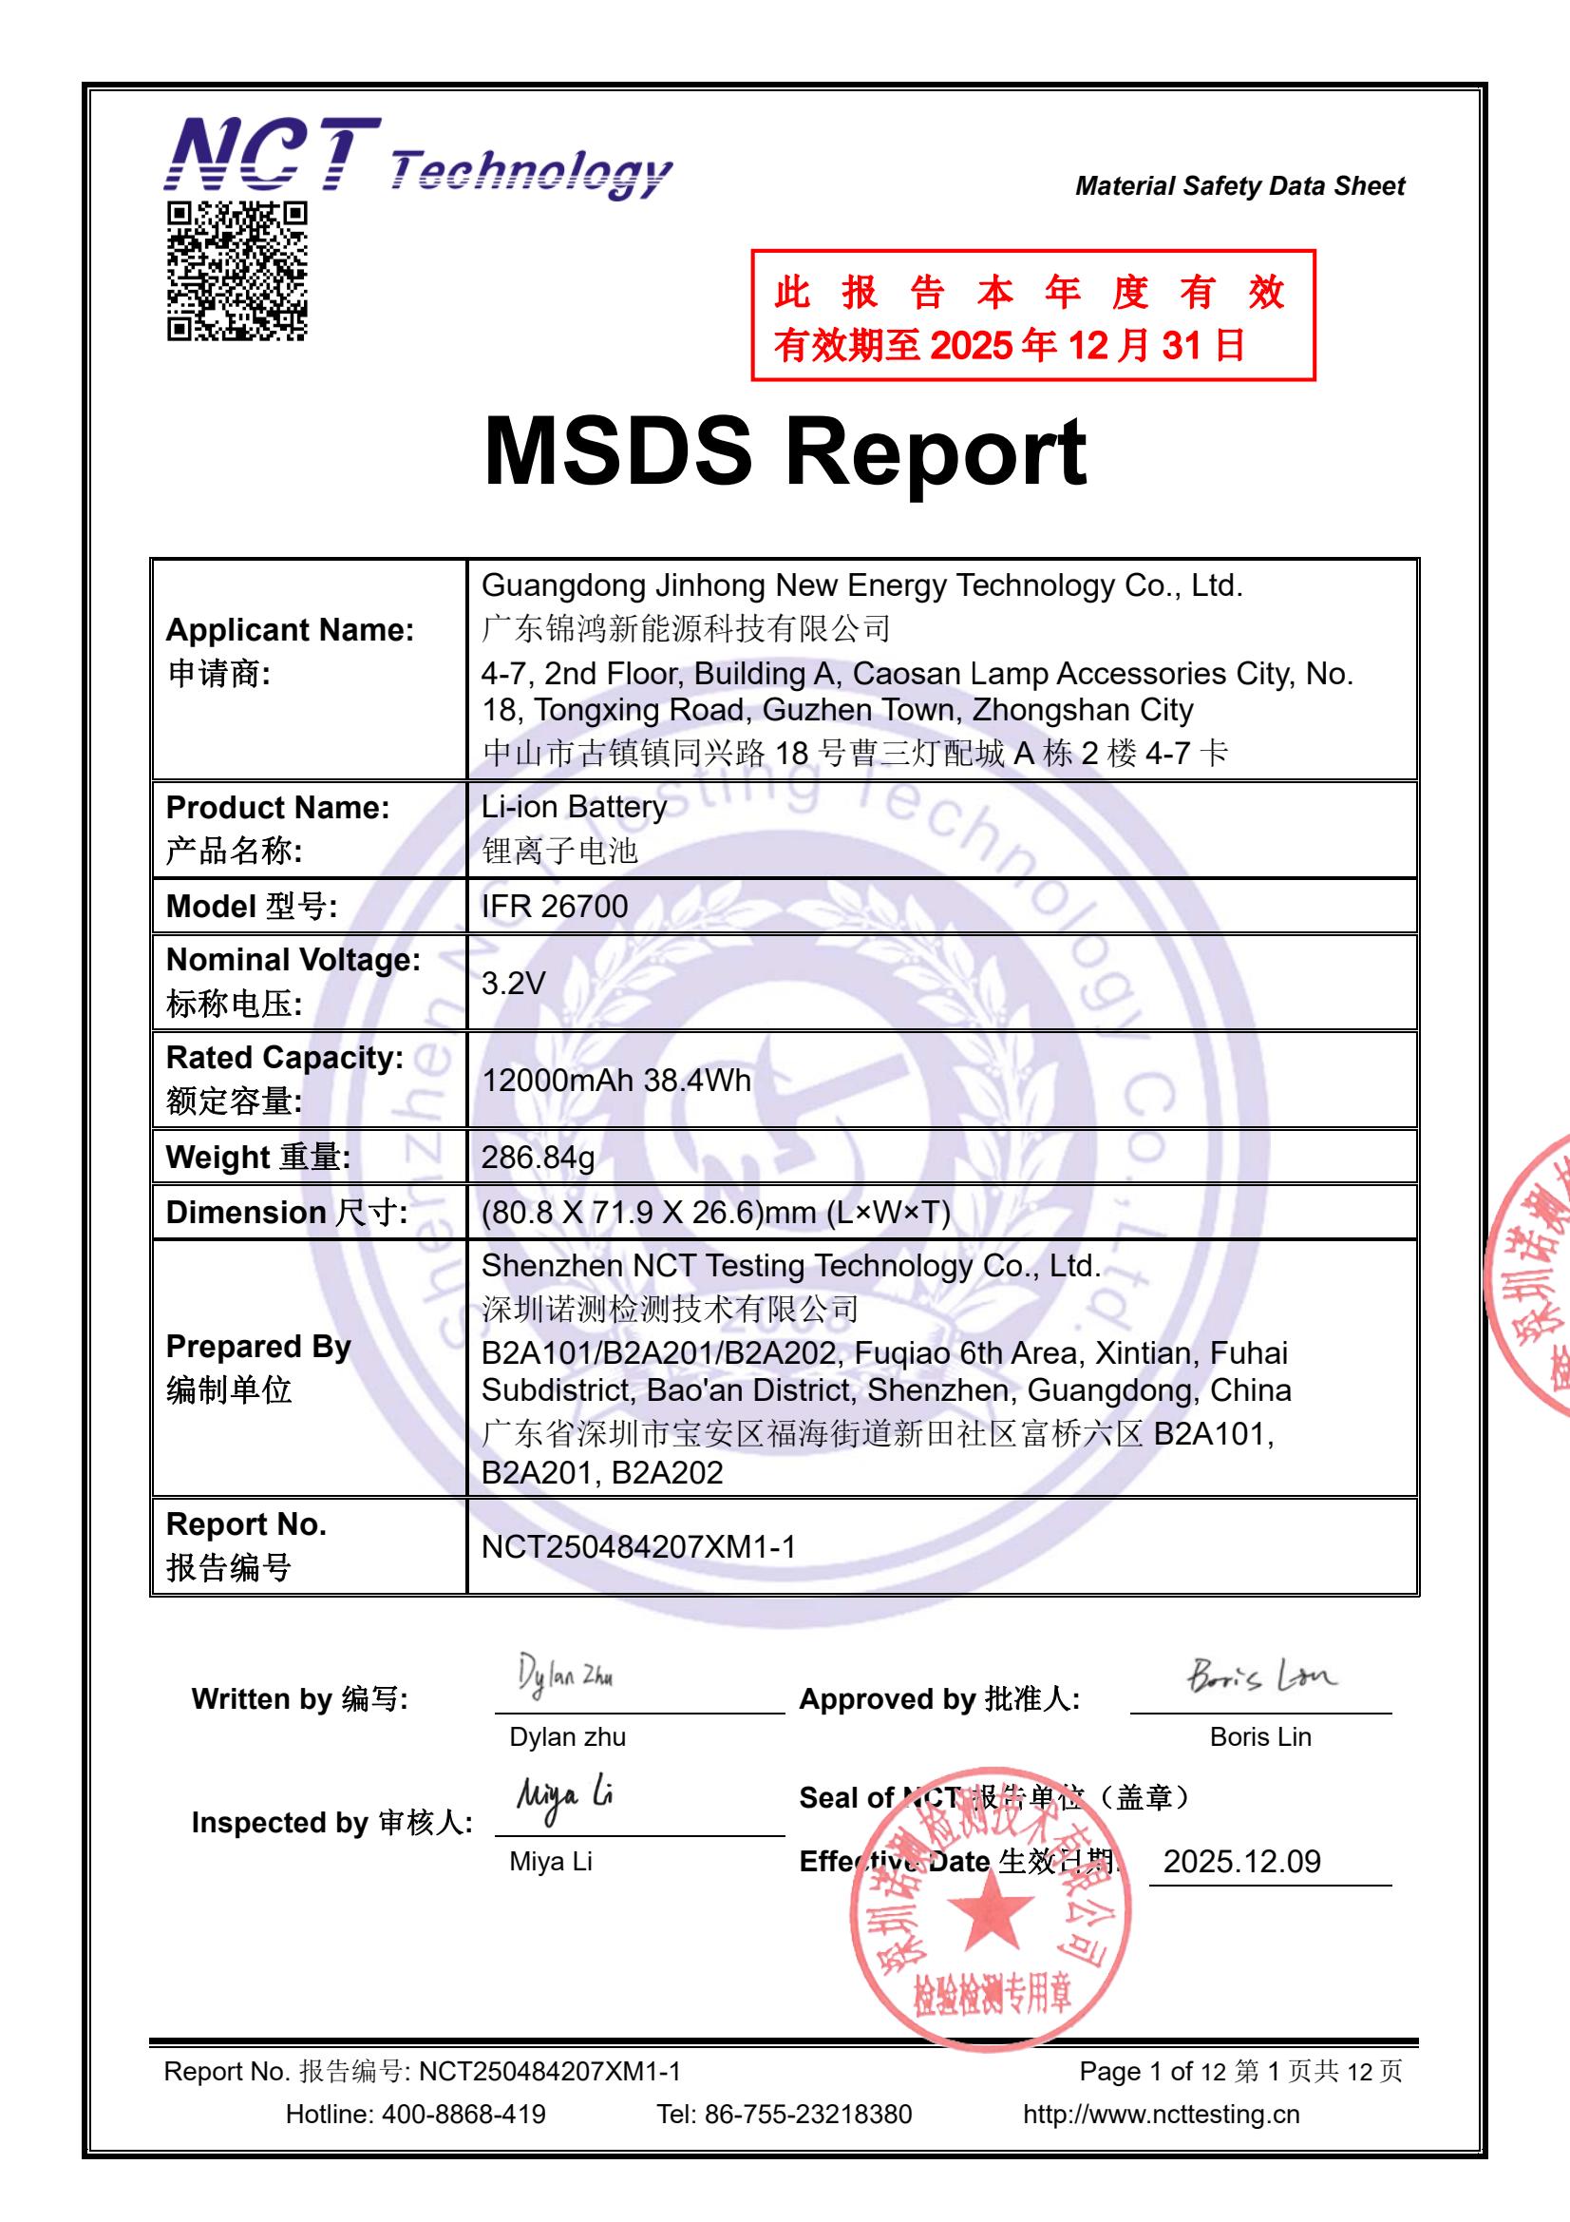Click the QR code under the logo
pyautogui.click(x=237, y=271)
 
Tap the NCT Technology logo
pyautogui.click(x=417, y=157)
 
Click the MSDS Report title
pyautogui.click(x=785, y=452)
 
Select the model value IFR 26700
pyautogui.click(x=555, y=906)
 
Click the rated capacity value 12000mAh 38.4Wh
pyautogui.click(x=616, y=1080)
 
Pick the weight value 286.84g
pyautogui.click(x=538, y=1157)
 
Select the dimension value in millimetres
pyautogui.click(x=716, y=1212)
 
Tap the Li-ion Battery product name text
pyautogui.click(x=574, y=807)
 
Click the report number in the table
pyautogui.click(x=638, y=1546)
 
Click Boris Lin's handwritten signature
pyautogui.click(x=1261, y=1675)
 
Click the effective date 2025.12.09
pyautogui.click(x=1241, y=1861)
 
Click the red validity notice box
pyautogui.click(x=1032, y=316)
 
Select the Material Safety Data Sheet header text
pyautogui.click(x=1239, y=186)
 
